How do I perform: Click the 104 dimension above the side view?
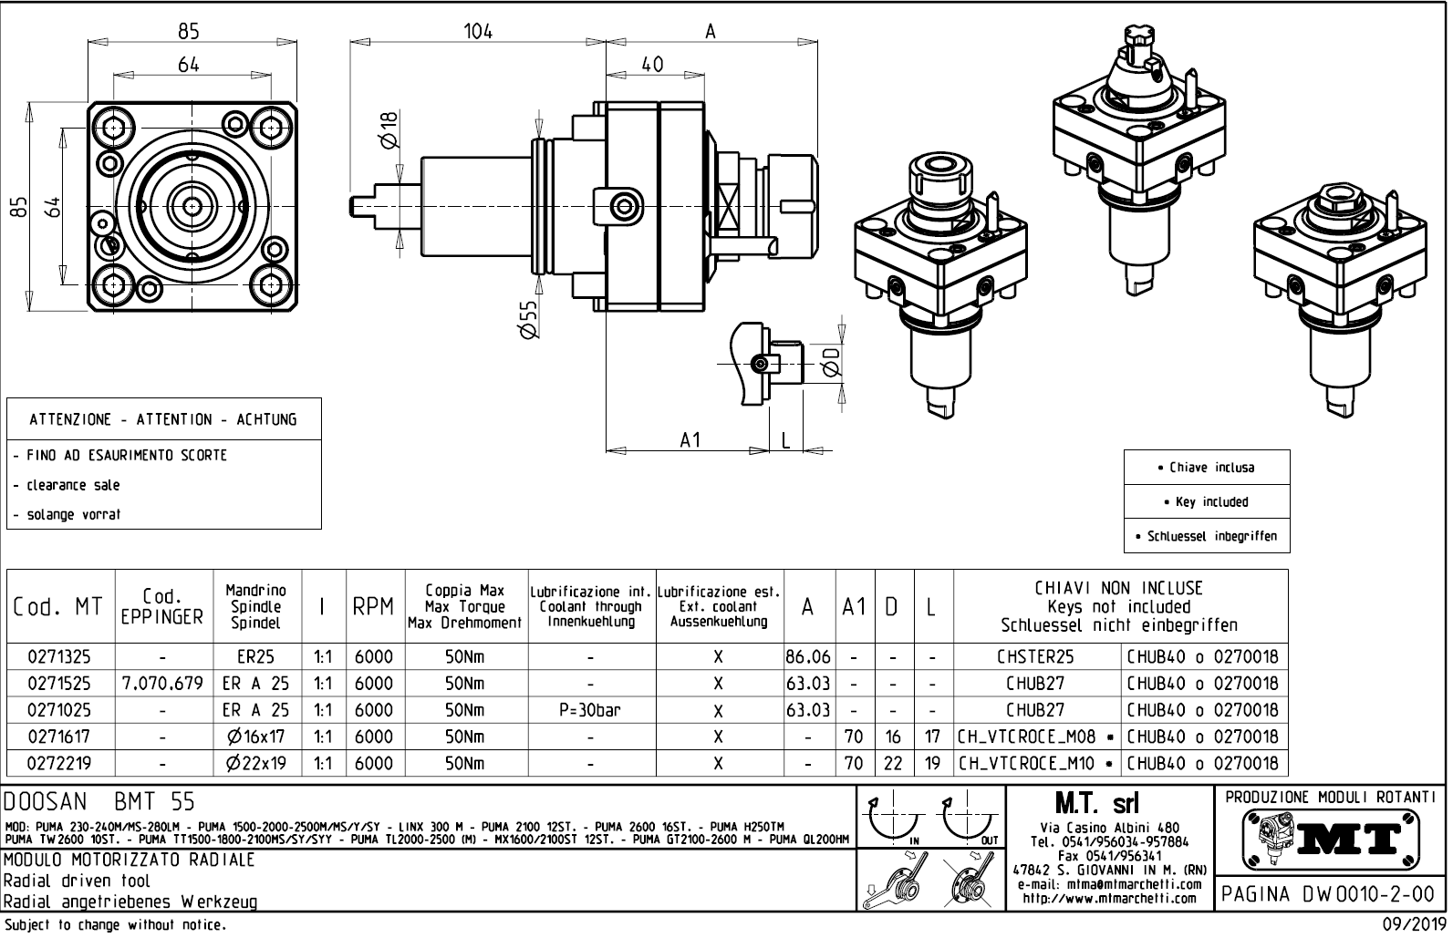click(477, 31)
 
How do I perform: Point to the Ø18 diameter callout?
click(389, 130)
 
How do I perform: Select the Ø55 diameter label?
click(526, 320)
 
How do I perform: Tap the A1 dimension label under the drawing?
click(690, 440)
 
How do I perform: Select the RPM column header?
click(373, 607)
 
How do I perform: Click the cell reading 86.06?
click(807, 656)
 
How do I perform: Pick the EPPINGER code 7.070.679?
click(162, 684)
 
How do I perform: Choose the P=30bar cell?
click(591, 710)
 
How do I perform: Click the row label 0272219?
click(59, 763)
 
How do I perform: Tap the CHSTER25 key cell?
click(1035, 656)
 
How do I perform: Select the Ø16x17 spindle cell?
click(256, 737)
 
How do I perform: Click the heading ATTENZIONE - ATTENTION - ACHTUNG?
click(163, 419)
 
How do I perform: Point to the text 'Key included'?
click(1206, 502)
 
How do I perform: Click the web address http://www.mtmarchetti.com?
click(1108, 898)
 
